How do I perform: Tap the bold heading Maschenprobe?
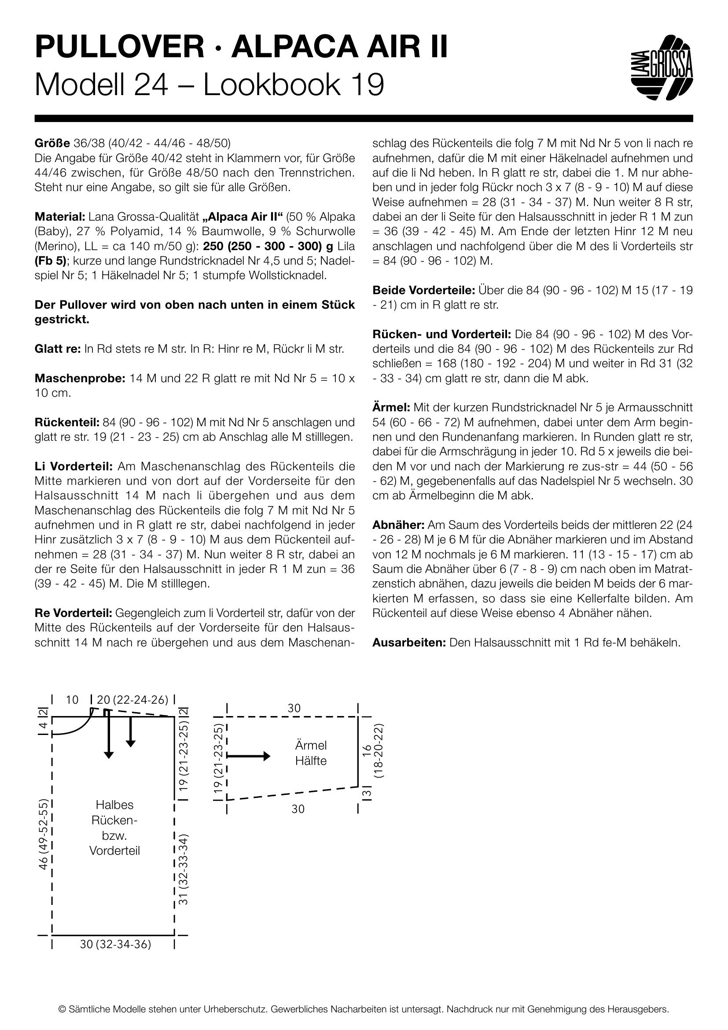(79, 378)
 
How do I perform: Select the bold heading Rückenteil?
(66, 422)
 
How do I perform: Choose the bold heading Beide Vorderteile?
(423, 290)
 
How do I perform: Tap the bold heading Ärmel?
(391, 407)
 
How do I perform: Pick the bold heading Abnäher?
(398, 525)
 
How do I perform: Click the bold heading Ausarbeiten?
(409, 642)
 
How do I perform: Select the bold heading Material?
(59, 217)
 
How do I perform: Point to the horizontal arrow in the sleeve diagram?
(249, 756)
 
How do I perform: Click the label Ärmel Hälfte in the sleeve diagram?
(311, 753)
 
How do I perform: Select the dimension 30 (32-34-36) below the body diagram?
(115, 944)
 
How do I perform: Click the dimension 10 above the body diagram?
(72, 700)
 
